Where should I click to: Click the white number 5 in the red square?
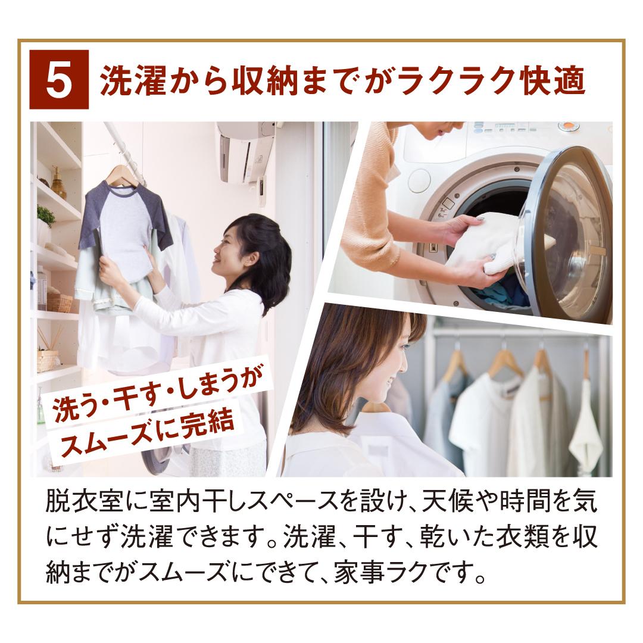pyautogui.click(x=58, y=80)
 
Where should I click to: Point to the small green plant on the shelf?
pyautogui.click(x=45, y=214)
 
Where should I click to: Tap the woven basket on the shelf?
pyautogui.click(x=59, y=302)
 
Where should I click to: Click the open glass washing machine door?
pyautogui.click(x=566, y=234)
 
